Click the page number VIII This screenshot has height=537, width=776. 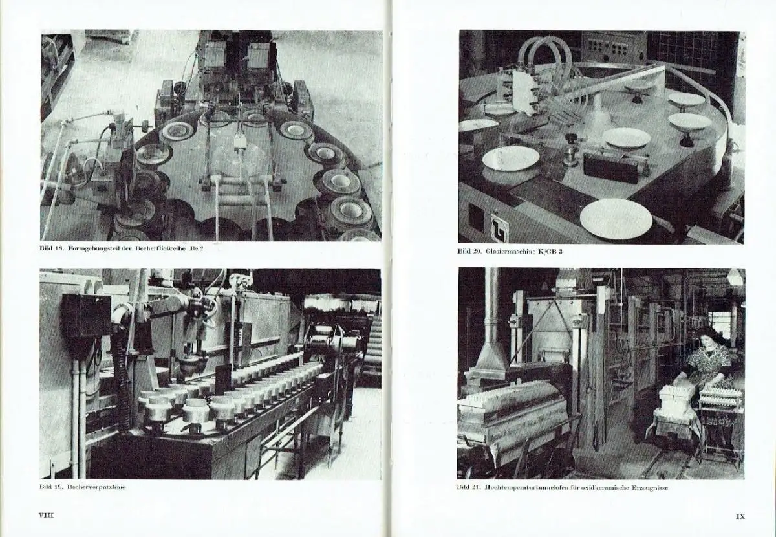click(46, 515)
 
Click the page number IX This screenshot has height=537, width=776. click(740, 516)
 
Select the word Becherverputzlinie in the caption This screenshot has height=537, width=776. click(96, 487)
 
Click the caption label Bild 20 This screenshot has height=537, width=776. click(469, 251)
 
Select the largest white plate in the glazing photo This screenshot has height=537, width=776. click(616, 219)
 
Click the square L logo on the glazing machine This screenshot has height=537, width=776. click(499, 228)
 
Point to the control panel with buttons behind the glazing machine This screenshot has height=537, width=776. click(613, 48)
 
